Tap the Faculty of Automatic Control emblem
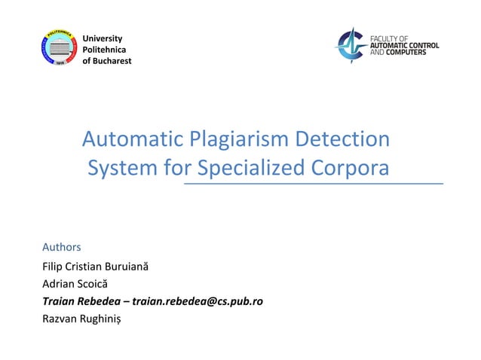click(x=349, y=44)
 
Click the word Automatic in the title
click(x=124, y=139)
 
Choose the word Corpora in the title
click(x=353, y=167)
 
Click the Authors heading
click(x=61, y=247)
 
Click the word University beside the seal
click(x=102, y=38)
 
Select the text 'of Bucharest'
click(x=106, y=60)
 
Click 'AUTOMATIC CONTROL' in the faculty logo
click(x=405, y=44)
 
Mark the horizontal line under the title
click(x=314, y=183)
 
